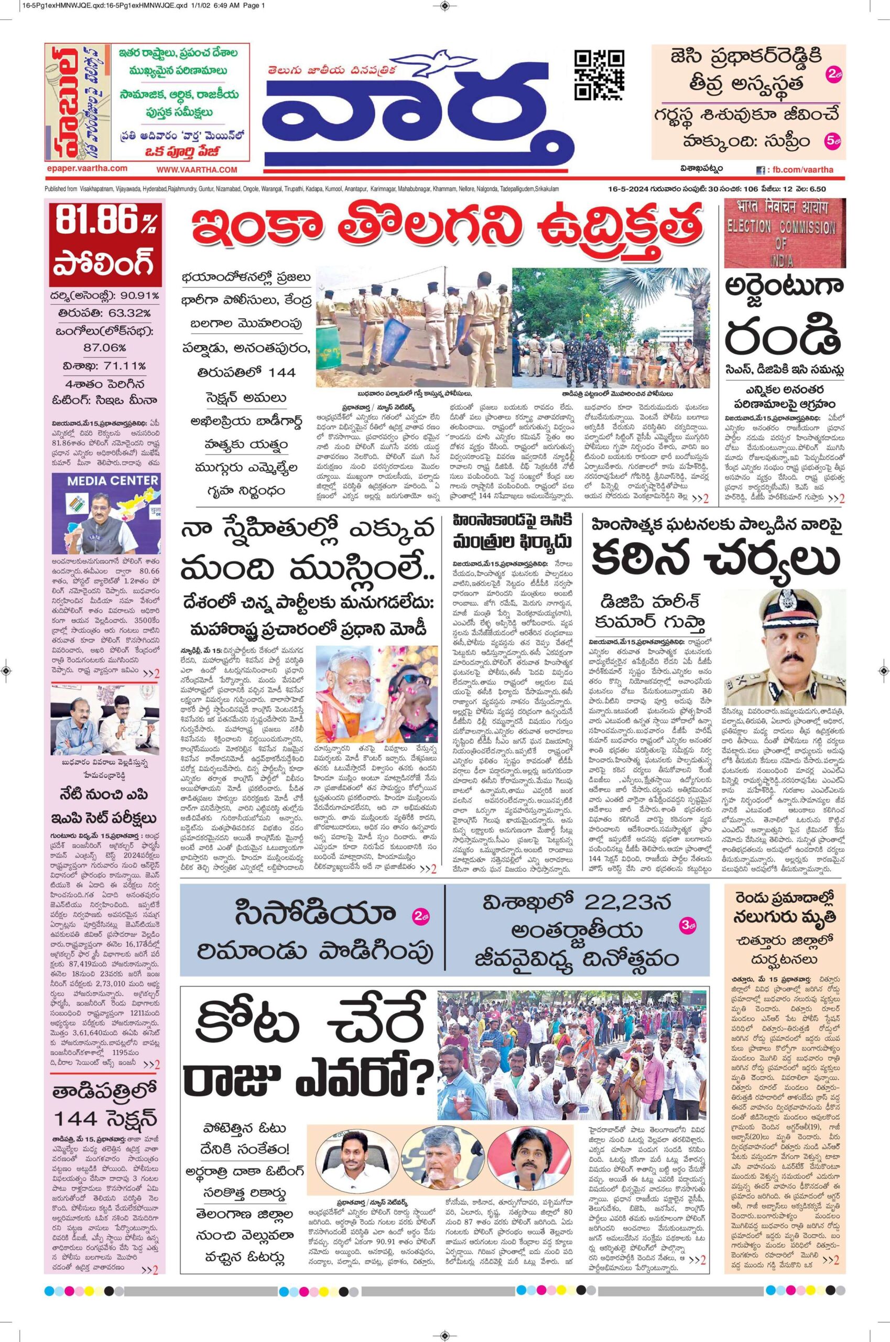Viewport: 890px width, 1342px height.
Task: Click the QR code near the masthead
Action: [x=600, y=74]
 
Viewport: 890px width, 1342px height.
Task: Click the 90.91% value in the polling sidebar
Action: [x=136, y=296]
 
